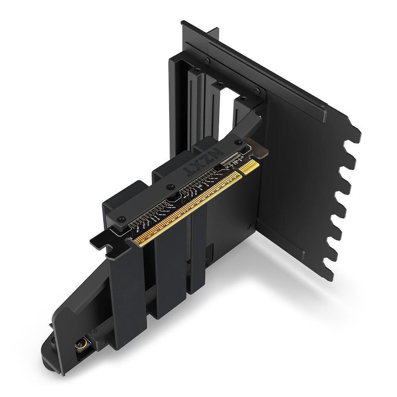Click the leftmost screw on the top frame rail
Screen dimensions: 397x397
click(x=206, y=61)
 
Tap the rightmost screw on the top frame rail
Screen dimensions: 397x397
click(x=256, y=90)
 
